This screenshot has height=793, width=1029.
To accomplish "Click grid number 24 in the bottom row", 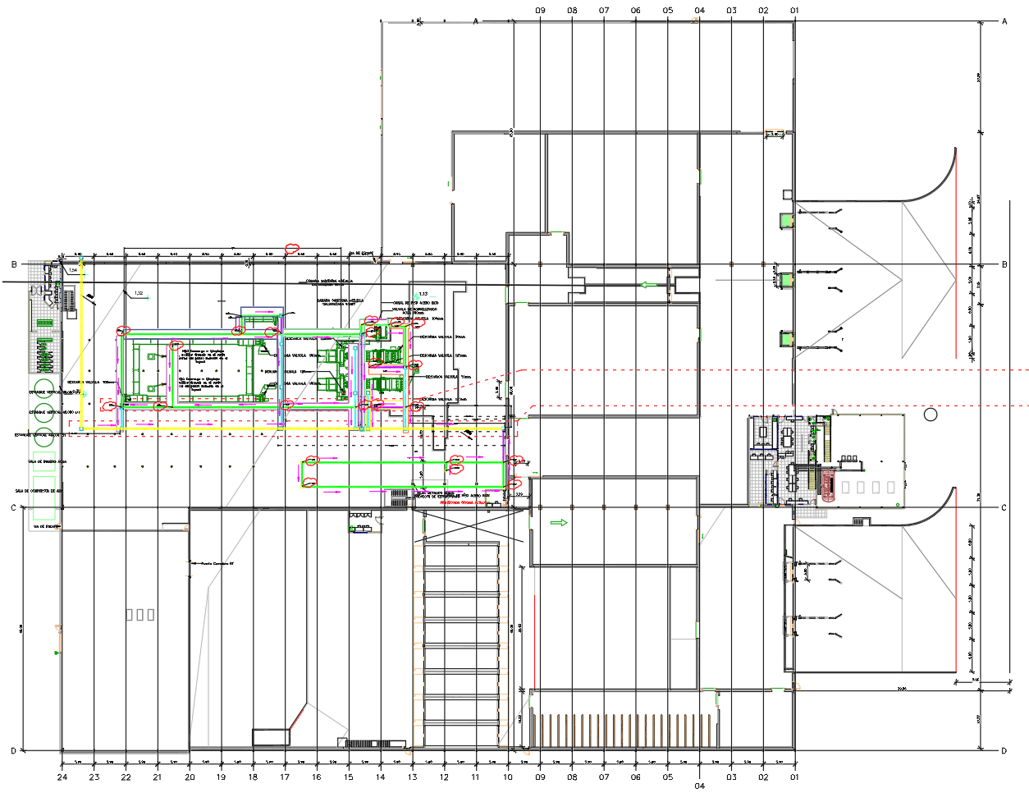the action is coord(62,777).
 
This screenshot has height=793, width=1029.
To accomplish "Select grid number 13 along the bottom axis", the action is coord(412,777).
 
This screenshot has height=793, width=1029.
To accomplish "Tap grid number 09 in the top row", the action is coord(540,11).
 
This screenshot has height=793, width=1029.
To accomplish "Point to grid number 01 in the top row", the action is coord(794,11).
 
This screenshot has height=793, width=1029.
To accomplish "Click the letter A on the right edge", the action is coord(1004,21).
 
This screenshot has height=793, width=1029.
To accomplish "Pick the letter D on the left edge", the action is coord(13,750).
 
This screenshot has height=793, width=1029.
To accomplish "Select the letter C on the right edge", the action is coord(1004,508).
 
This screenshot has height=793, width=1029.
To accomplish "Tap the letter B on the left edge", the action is coord(14,264).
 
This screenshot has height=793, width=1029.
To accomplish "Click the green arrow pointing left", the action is coord(649,285).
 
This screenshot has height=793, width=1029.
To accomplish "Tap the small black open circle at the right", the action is coord(930,415).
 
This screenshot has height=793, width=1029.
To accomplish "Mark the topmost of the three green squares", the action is coord(786,219).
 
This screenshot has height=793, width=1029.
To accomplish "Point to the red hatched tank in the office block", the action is coord(827,485).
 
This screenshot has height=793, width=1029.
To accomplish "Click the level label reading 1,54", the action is coord(72,269).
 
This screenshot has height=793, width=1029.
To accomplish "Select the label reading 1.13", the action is coord(423,294).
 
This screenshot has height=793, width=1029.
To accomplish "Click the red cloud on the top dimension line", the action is coord(291,247).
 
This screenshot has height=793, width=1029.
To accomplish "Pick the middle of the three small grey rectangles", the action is coord(139,614).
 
